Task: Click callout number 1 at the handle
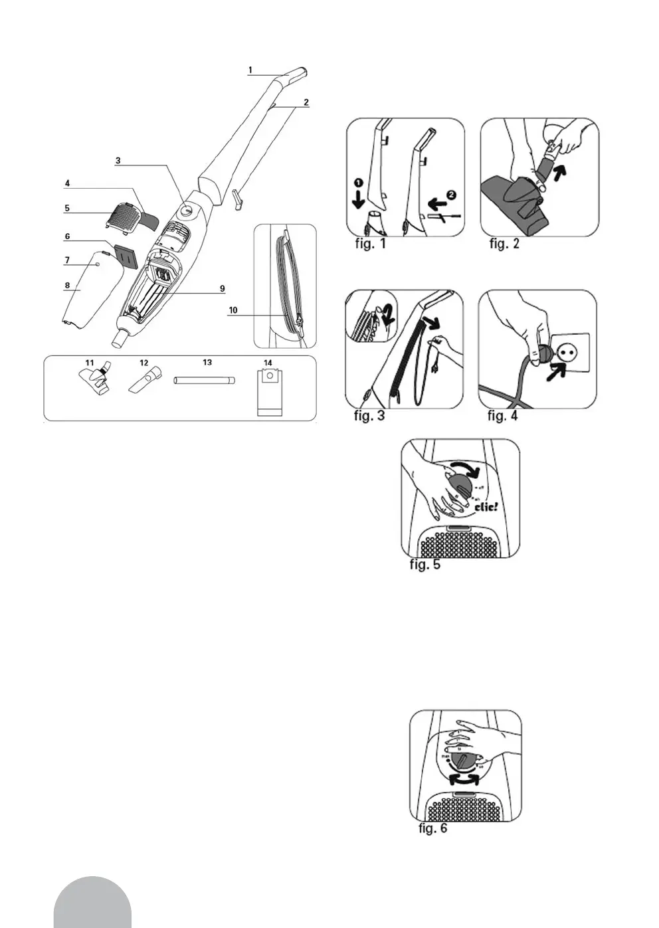point(250,69)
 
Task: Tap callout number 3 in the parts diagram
point(118,160)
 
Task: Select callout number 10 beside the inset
point(233,310)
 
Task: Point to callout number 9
point(223,288)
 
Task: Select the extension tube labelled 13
point(205,381)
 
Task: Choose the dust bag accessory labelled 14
point(269,393)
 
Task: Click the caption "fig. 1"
point(370,243)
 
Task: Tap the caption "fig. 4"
point(502,416)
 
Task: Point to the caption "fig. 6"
point(433,828)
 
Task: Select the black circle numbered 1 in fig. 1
point(359,181)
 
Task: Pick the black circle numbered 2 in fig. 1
point(452,195)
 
